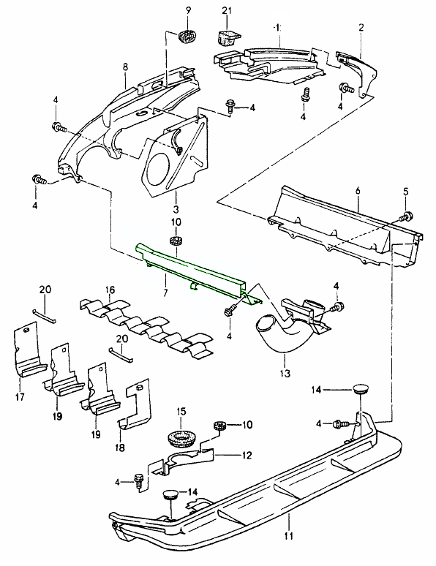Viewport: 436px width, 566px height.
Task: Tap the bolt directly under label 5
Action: pos(407,216)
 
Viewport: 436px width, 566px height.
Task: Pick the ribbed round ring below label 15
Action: pos(179,439)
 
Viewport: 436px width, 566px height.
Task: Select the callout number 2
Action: pos(361,27)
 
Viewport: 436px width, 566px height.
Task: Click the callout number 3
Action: pos(175,198)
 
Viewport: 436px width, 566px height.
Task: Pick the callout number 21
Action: pos(227,9)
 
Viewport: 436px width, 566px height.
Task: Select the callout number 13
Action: pos(285,373)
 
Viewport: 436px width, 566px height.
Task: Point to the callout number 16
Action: pos(111,290)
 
